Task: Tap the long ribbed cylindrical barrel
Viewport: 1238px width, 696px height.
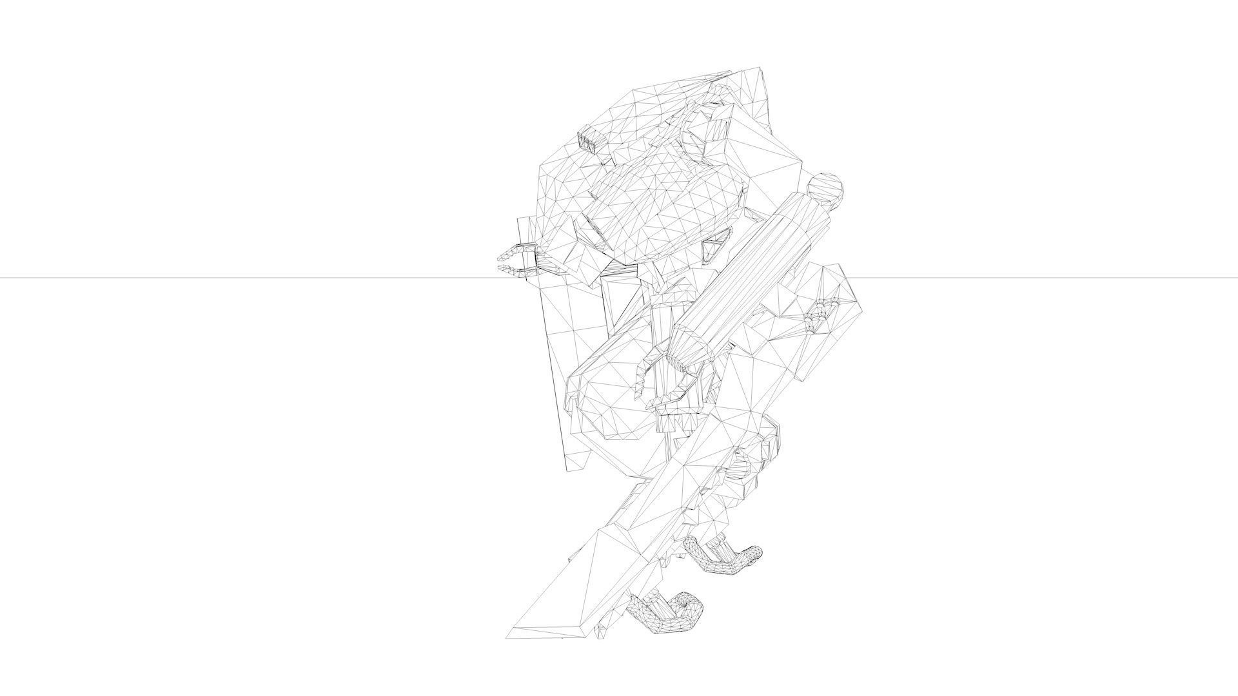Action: point(748,277)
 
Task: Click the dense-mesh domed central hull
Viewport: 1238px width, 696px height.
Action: point(664,206)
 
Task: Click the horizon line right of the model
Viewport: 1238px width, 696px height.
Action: point(1032,278)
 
